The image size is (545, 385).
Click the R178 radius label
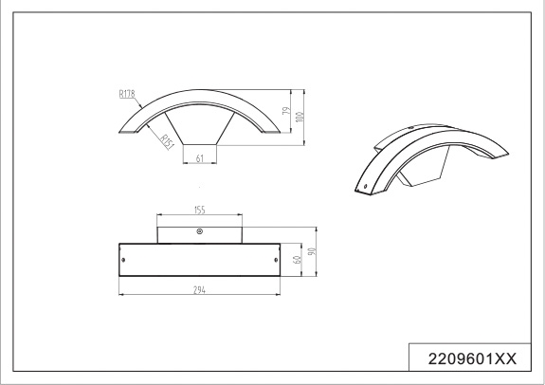127,94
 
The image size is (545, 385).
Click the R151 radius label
168,142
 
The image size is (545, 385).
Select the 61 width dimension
199,158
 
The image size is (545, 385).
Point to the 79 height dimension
286,111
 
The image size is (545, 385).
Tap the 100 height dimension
300,117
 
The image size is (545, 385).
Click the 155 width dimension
199,211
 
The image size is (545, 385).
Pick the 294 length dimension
199,290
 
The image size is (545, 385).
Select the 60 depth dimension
298,260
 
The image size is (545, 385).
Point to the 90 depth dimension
312,251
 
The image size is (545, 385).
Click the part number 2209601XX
472,358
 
